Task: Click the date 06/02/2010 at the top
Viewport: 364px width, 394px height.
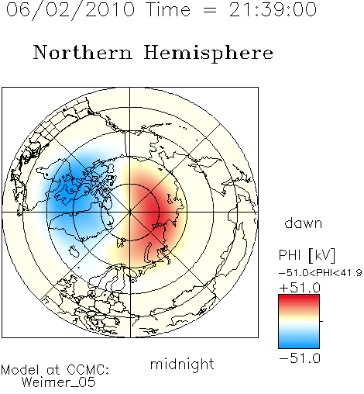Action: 70,10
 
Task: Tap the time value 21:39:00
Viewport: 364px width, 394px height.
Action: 273,10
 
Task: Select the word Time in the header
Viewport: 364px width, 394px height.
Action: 168,10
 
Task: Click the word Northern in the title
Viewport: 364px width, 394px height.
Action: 83,52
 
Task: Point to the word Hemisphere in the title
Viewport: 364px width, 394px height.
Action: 208,54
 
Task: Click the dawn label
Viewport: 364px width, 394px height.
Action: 304,223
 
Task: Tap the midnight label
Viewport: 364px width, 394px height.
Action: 182,364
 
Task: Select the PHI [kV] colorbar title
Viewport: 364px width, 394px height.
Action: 307,255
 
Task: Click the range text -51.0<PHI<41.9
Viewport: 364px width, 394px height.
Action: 320,273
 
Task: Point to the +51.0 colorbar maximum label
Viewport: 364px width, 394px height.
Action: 300,288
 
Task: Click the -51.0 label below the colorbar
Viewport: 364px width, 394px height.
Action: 300,358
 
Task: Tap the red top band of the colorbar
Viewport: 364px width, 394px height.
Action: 299,299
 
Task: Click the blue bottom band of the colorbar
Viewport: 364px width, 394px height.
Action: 299,344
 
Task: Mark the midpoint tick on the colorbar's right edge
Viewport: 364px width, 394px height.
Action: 321,321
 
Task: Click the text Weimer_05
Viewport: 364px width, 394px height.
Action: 59,382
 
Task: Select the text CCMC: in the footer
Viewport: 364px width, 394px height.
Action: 88,370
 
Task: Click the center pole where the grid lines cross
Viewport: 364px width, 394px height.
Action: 130,213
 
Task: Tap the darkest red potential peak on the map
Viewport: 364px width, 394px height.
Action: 153,213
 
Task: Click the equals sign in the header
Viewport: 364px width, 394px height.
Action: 210,10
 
